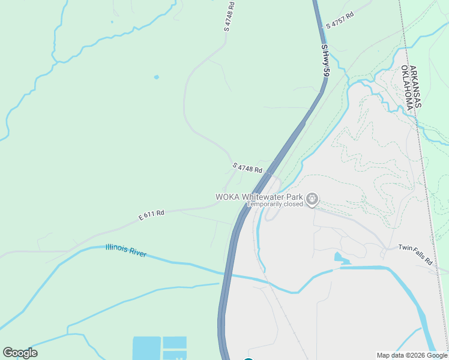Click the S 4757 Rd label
tap(340, 20)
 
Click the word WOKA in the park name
tap(228, 197)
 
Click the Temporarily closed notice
tap(276, 205)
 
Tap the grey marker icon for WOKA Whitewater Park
tap(312, 199)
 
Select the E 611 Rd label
tap(151, 214)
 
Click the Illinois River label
tap(126, 250)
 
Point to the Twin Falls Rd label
tap(415, 255)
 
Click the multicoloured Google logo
tap(20, 352)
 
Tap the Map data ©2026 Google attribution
tap(412, 355)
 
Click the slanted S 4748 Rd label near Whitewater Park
tap(247, 168)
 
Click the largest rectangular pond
tap(146, 347)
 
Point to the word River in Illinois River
tap(138, 253)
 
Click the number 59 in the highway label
tap(326, 71)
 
